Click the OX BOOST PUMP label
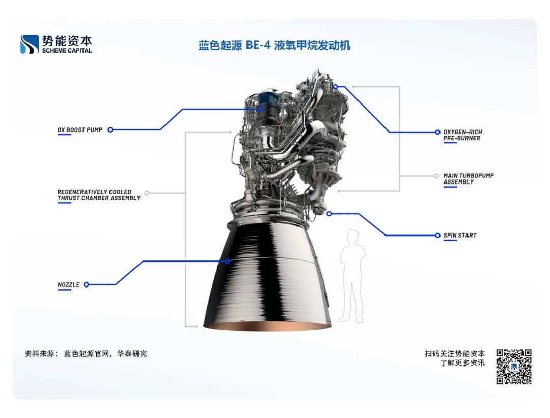click(x=80, y=130)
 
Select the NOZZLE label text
click(x=69, y=285)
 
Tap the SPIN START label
click(x=460, y=236)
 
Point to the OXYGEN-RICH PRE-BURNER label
click(x=462, y=135)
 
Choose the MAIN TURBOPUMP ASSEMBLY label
click(x=469, y=179)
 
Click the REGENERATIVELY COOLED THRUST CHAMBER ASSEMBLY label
click(x=99, y=195)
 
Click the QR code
click(x=514, y=367)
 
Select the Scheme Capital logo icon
click(x=30, y=44)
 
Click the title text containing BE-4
click(x=274, y=46)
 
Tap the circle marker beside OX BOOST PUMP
click(x=110, y=130)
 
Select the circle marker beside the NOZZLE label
click(x=86, y=285)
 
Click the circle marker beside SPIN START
click(x=437, y=236)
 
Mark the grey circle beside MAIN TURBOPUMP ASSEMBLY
click(x=436, y=176)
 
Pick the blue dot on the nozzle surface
click(x=228, y=261)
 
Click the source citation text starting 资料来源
click(x=86, y=353)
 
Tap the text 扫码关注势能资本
click(x=455, y=353)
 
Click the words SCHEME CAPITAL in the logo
click(x=67, y=51)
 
